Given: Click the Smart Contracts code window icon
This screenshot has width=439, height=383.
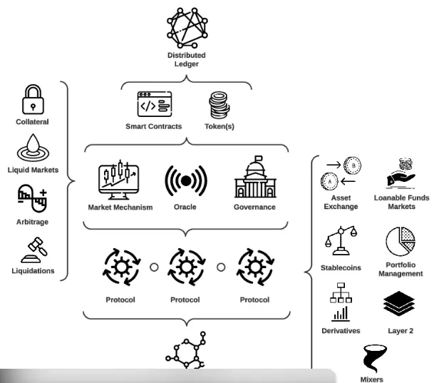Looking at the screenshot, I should click(155, 106).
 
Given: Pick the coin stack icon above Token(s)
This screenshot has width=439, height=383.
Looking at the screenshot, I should click(218, 106).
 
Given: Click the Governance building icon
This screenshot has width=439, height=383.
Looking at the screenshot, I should click(254, 178).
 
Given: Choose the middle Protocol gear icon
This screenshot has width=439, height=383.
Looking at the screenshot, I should click(185, 270).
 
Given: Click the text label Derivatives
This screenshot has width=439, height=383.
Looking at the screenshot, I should click(340, 331).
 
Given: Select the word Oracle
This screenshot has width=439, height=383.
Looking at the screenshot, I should click(185, 208).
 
